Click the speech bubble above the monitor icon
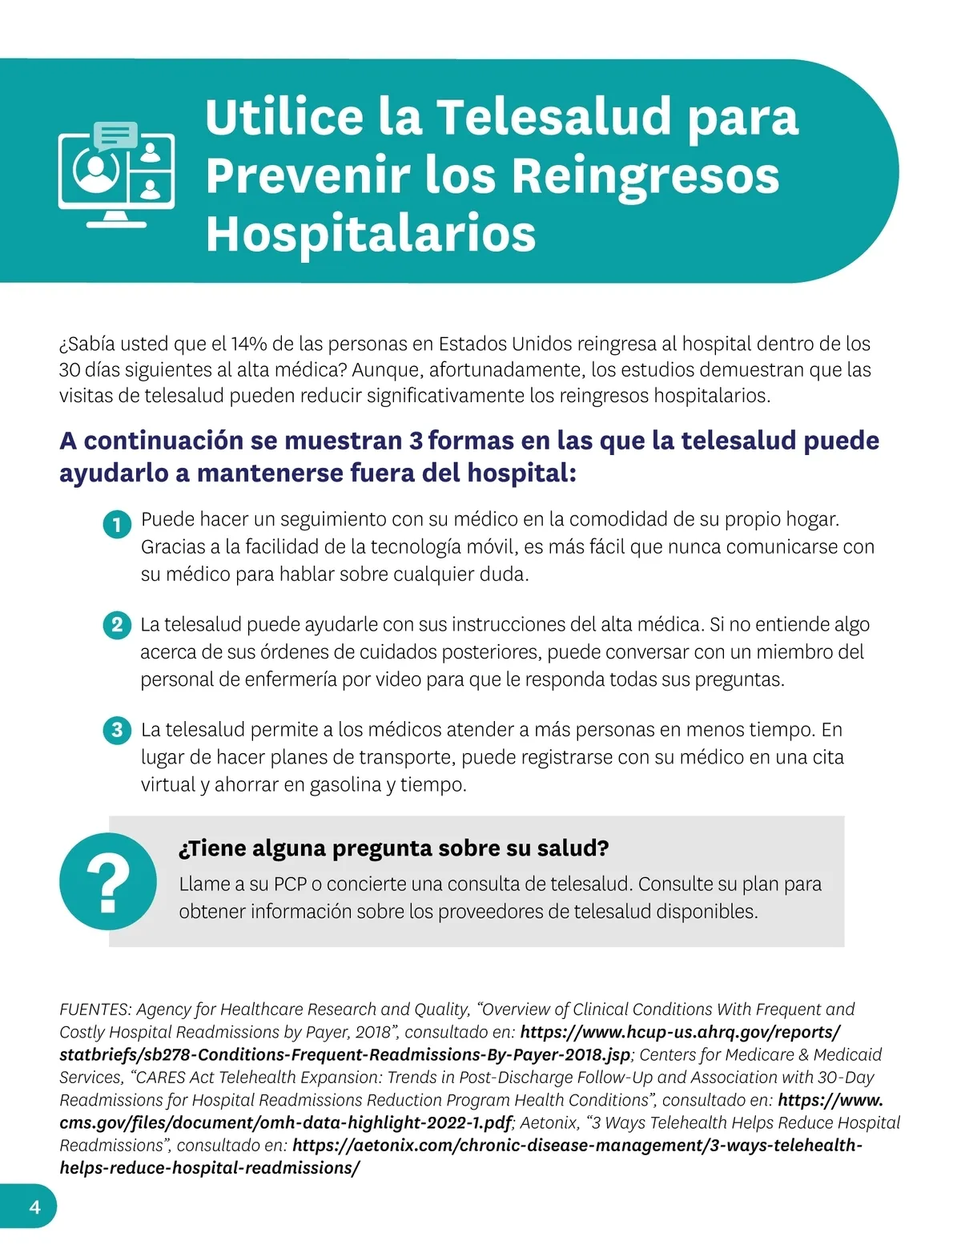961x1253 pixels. pos(115,135)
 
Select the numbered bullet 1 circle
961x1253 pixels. pos(117,525)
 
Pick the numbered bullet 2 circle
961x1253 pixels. pos(117,625)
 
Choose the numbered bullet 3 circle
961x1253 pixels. pos(117,730)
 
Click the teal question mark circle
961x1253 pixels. pos(108,881)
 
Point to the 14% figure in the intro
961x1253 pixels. pos(249,344)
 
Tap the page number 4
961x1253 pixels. pos(34,1207)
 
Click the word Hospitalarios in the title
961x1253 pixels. pos(370,234)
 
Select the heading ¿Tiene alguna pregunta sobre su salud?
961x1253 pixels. pos(393,848)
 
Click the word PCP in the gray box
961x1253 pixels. pos(290,884)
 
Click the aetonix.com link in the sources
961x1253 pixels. pos(577,1146)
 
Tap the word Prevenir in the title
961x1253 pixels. pos(307,175)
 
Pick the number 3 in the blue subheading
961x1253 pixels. pos(416,441)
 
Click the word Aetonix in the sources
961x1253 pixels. pos(549,1122)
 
